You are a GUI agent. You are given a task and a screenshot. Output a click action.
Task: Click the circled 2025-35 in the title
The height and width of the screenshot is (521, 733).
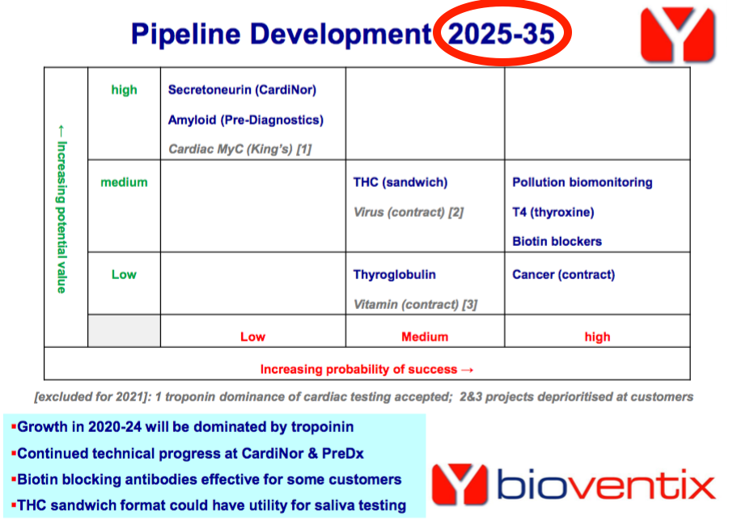pyautogui.click(x=501, y=34)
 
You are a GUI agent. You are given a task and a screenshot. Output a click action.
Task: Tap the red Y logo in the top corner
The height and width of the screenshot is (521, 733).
pyautogui.click(x=677, y=35)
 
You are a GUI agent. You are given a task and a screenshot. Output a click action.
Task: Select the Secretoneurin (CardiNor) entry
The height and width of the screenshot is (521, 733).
pyautogui.click(x=242, y=90)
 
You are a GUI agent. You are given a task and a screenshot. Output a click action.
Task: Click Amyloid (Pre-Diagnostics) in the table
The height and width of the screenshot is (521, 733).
pyautogui.click(x=246, y=120)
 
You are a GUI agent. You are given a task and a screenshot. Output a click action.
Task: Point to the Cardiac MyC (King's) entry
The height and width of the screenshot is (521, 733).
pyautogui.click(x=239, y=149)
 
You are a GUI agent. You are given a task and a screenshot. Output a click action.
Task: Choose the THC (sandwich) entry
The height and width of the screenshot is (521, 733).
pyautogui.click(x=400, y=182)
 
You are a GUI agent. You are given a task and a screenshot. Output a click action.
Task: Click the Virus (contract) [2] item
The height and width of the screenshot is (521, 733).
pyautogui.click(x=409, y=212)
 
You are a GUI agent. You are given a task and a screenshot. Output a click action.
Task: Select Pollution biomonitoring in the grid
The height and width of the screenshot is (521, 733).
pyautogui.click(x=583, y=182)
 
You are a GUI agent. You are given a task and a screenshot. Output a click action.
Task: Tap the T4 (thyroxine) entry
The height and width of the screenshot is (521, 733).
pyautogui.click(x=553, y=212)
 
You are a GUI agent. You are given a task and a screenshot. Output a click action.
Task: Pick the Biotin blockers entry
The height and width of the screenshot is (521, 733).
pyautogui.click(x=557, y=242)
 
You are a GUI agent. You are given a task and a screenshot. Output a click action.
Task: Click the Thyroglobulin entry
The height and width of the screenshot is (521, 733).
pyautogui.click(x=395, y=275)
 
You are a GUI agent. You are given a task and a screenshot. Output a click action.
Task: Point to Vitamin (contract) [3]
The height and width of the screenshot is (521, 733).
pyautogui.click(x=415, y=305)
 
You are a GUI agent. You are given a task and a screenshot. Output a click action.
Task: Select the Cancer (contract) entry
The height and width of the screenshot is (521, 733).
pyautogui.click(x=563, y=275)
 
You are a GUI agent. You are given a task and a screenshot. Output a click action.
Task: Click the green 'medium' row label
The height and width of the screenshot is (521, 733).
pyautogui.click(x=124, y=182)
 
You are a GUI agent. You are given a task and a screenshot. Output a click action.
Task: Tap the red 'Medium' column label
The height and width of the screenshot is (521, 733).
pyautogui.click(x=425, y=337)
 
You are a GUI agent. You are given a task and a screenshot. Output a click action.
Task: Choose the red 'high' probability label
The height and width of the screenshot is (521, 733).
pyautogui.click(x=597, y=337)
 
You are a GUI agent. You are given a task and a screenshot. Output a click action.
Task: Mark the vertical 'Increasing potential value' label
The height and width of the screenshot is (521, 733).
pyautogui.click(x=61, y=209)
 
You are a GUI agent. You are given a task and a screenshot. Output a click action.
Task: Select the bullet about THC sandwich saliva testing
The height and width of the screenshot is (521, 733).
pyautogui.click(x=209, y=505)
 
